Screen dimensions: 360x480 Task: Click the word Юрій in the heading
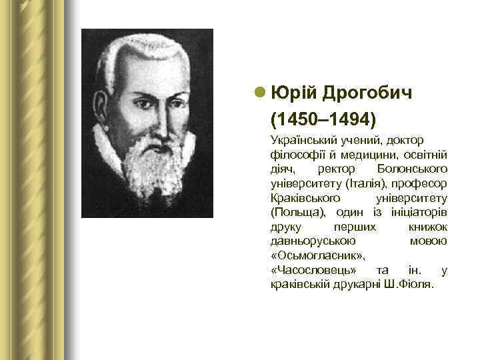pyautogui.click(x=293, y=93)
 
